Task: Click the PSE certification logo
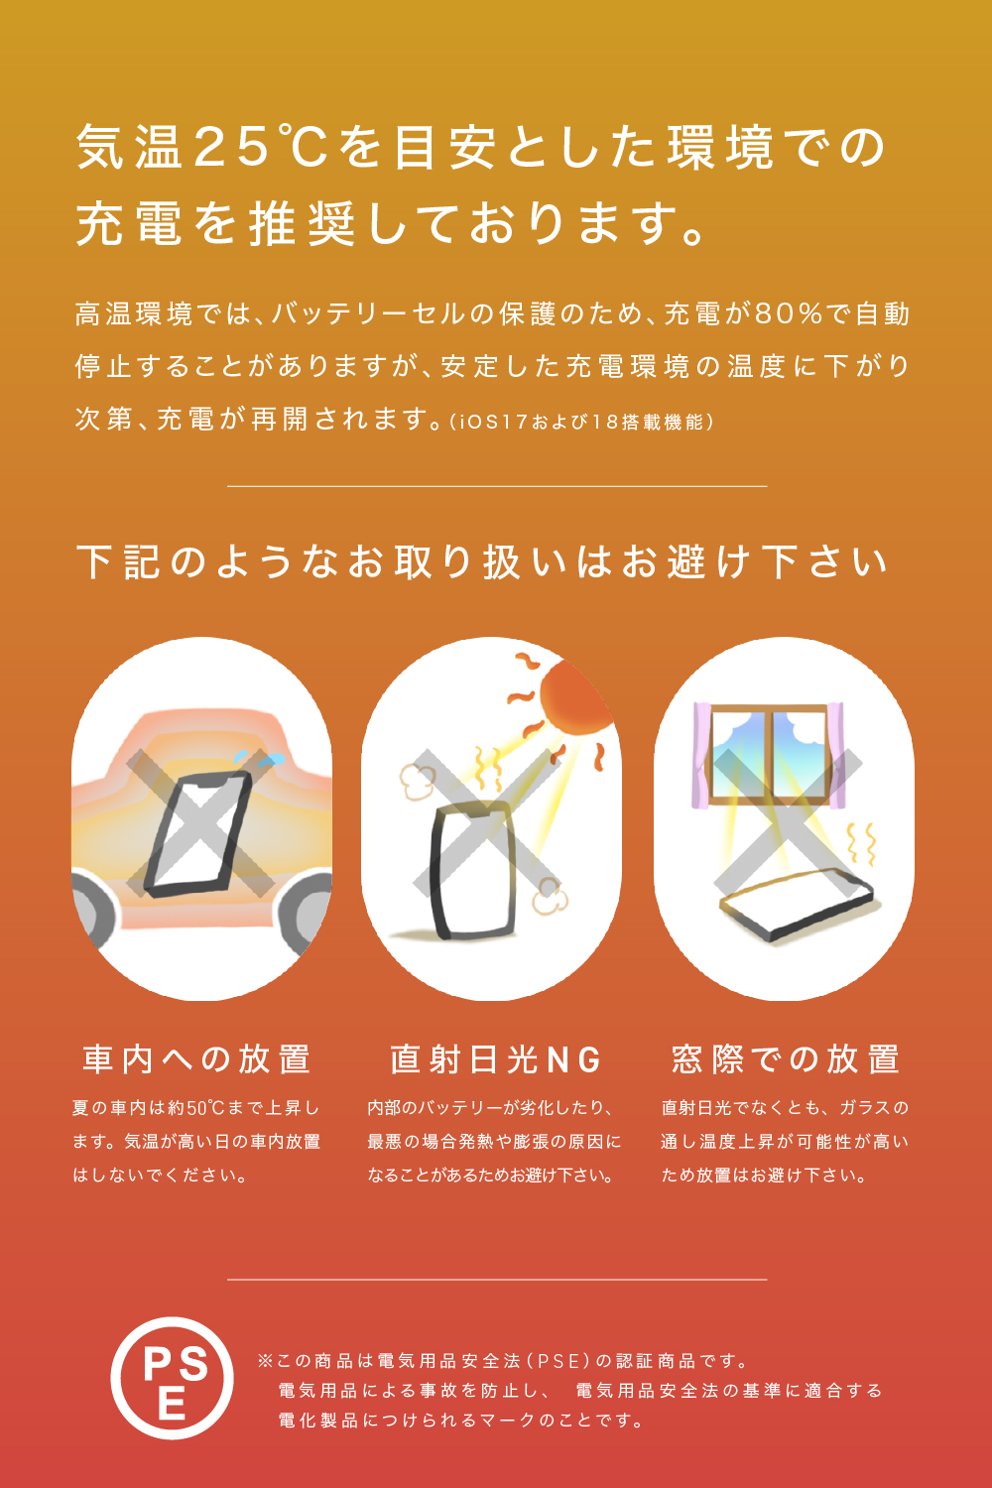coord(172,1378)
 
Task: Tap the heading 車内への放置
coord(196,1058)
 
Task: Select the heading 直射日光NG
coord(496,1058)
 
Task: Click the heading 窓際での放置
coord(786,1058)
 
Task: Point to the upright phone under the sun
coord(472,870)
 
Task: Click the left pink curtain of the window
coord(701,755)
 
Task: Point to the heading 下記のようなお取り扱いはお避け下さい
coord(483,562)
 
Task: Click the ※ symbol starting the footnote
coord(265,1361)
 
